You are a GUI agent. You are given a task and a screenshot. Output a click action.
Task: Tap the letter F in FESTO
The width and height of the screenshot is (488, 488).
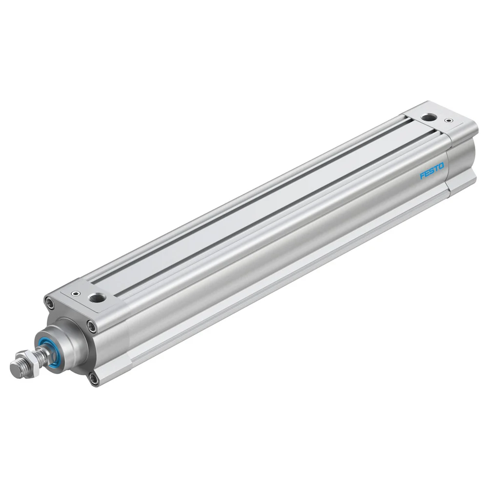point(422,176)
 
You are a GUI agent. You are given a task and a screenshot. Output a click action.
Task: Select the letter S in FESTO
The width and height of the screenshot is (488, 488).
point(432,171)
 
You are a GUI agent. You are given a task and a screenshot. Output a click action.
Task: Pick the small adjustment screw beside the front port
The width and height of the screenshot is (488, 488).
point(75,294)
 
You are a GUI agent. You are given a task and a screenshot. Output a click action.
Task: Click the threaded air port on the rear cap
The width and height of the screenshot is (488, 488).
point(429,117)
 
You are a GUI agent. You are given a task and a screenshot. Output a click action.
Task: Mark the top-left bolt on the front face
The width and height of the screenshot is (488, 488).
point(49,303)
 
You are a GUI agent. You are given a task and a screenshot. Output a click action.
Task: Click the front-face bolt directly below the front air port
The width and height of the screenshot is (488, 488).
point(91,326)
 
